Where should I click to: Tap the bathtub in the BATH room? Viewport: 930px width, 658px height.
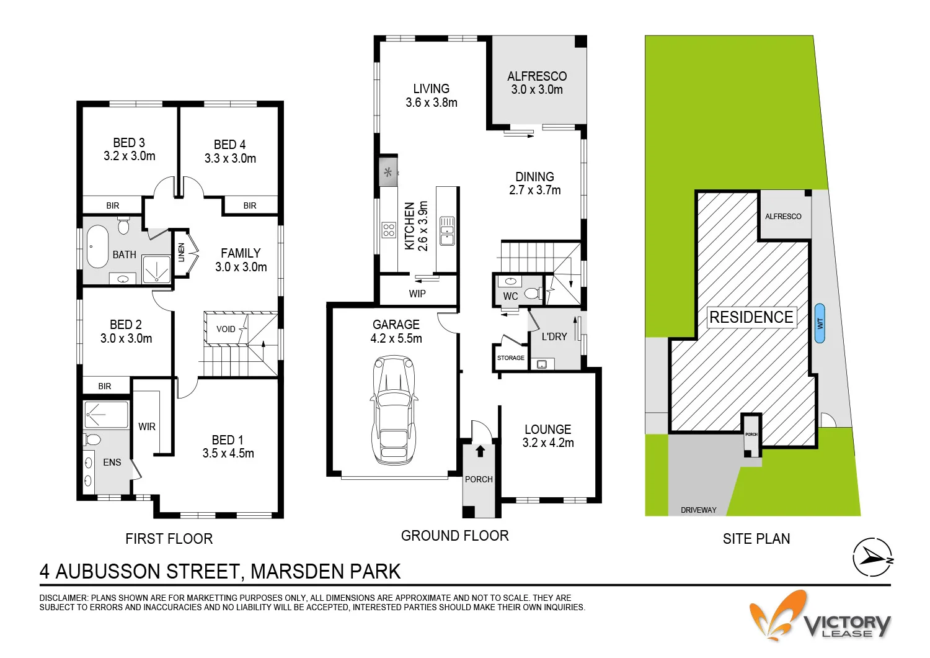point(97,246)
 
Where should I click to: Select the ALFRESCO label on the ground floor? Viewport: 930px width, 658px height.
point(537,76)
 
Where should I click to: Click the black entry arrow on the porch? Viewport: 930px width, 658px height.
point(480,451)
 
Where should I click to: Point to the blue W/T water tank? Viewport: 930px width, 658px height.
point(820,323)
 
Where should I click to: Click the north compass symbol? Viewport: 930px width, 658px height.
point(872,557)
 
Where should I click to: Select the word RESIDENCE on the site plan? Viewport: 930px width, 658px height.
point(751,317)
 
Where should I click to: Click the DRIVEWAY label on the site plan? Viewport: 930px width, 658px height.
point(698,510)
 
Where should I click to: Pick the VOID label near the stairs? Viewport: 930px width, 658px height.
point(226,329)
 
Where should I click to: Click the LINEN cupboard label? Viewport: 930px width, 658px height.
point(182,252)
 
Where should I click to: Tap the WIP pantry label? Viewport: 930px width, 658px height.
point(417,294)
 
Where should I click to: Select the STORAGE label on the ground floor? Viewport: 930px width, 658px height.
point(510,358)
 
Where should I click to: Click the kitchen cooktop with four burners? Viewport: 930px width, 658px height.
point(389,230)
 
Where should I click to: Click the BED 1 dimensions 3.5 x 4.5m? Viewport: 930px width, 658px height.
point(228,454)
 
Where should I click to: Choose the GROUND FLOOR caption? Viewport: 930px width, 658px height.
point(454,536)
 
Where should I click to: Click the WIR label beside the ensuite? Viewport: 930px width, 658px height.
point(147,426)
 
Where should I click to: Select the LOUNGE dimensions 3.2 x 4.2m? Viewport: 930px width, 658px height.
point(548,443)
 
